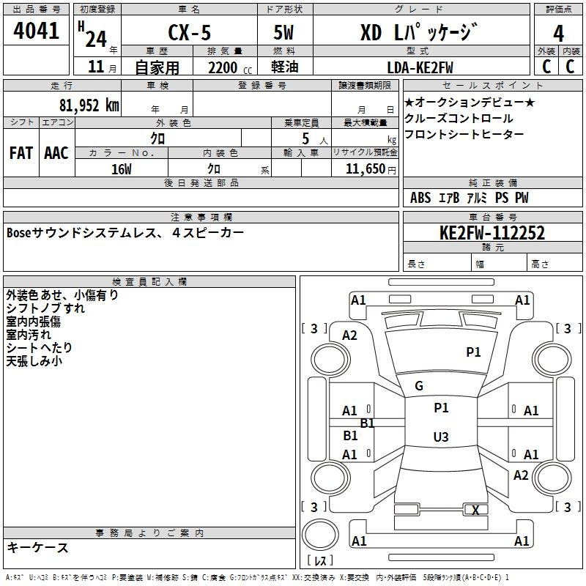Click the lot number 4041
tap(36, 31)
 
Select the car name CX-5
tap(190, 32)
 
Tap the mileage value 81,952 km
tap(89, 105)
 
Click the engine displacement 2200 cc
tap(230, 67)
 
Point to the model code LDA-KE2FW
tap(420, 67)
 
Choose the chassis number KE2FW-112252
tap(492, 233)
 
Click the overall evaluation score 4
tap(558, 33)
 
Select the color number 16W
tap(122, 169)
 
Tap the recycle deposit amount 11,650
tap(365, 169)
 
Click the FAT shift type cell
tap(21, 153)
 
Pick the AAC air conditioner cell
tap(56, 153)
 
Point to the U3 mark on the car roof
tap(441, 437)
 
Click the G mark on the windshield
tap(419, 386)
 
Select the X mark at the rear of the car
tap(475, 510)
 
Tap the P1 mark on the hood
tap(473, 352)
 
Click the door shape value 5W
tap(283, 32)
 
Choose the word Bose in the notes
tap(19, 233)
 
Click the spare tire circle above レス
tap(320, 534)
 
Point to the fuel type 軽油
tap(285, 67)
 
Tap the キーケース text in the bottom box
tap(37, 547)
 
